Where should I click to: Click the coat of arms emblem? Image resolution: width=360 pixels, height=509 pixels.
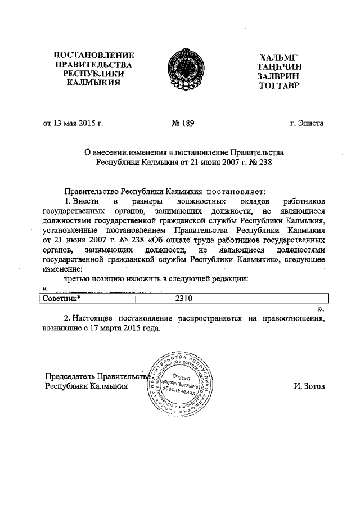(x=181, y=70)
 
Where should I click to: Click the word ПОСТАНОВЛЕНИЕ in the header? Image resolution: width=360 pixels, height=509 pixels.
(x=93, y=56)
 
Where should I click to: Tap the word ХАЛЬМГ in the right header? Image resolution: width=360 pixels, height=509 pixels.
(x=277, y=57)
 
